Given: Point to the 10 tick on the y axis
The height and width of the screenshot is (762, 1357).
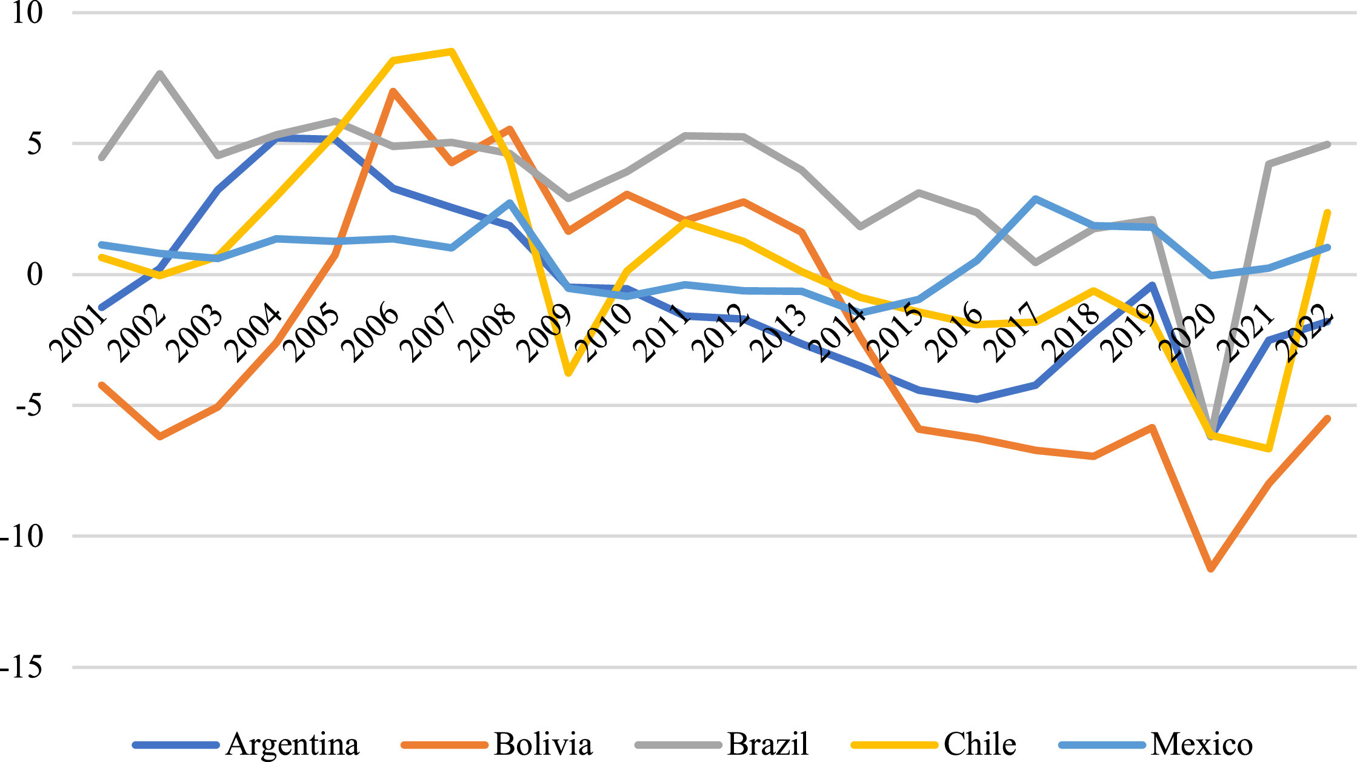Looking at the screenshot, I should tap(27, 13).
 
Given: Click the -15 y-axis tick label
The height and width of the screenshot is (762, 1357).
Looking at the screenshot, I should tap(22, 668).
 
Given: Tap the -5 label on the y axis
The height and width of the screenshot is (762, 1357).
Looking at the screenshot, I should tap(28, 406).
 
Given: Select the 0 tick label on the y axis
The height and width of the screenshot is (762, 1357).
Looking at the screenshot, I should tap(35, 274).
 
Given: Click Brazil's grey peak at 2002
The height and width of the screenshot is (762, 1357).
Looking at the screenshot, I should tap(159, 73).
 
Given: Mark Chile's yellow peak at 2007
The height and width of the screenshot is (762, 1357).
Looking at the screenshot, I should tap(452, 51).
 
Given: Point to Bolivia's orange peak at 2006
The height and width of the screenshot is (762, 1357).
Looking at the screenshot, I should tap(393, 91).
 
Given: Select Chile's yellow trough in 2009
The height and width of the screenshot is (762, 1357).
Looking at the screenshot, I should tap(568, 373).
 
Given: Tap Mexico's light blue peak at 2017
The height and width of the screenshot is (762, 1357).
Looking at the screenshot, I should tap(1036, 199).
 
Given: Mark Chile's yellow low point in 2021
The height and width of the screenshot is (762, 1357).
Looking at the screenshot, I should tap(1269, 449).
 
